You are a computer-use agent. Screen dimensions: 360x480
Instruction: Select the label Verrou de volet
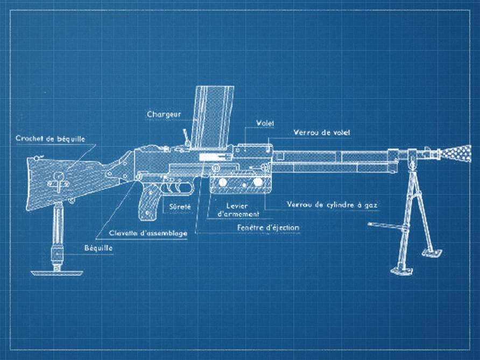(323, 132)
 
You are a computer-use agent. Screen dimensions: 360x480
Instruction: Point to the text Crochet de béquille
(50, 138)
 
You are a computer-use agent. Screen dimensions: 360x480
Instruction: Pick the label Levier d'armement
(238, 210)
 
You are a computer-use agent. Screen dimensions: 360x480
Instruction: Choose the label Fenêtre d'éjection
(268, 228)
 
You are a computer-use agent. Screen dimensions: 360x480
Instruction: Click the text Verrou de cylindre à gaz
(333, 205)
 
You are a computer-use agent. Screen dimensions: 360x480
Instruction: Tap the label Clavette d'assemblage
(148, 233)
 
